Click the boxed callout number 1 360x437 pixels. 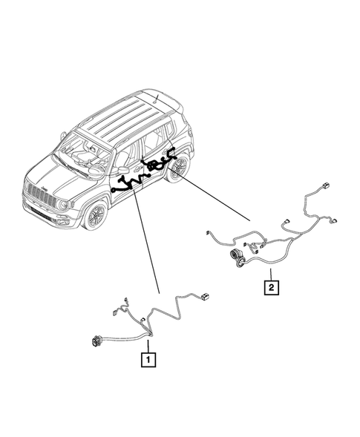pyautogui.click(x=149, y=361)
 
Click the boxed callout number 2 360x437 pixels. pyautogui.click(x=273, y=285)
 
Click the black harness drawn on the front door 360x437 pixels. pyautogui.click(x=126, y=183)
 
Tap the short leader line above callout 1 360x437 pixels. pyautogui.click(x=149, y=346)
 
